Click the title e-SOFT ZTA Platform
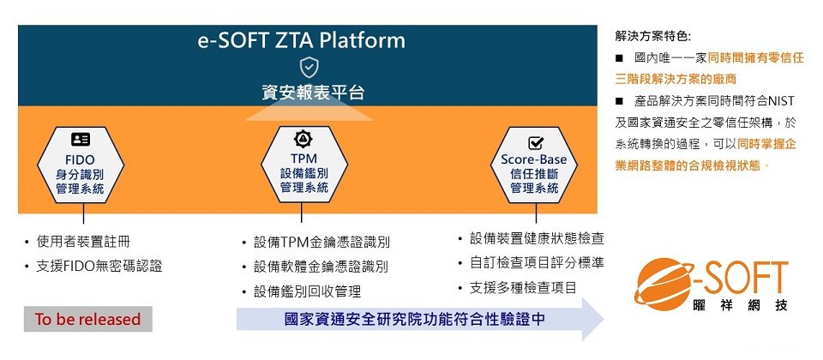click(x=301, y=41)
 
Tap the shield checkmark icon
click(x=309, y=68)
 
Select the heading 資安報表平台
click(x=313, y=93)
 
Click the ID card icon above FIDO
click(x=81, y=139)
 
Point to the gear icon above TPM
click(x=303, y=139)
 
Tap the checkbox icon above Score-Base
click(x=535, y=143)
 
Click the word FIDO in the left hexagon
click(x=81, y=159)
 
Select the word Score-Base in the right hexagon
click(x=534, y=159)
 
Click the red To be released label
click(x=87, y=319)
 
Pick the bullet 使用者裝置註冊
click(x=83, y=242)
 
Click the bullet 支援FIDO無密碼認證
click(x=99, y=266)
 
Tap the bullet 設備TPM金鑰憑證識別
click(x=321, y=243)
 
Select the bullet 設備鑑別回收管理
click(x=307, y=291)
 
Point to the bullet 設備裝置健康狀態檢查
click(x=537, y=239)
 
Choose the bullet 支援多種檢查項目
click(x=523, y=288)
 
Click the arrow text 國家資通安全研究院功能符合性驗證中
click(x=415, y=319)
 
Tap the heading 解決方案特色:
click(x=653, y=36)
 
